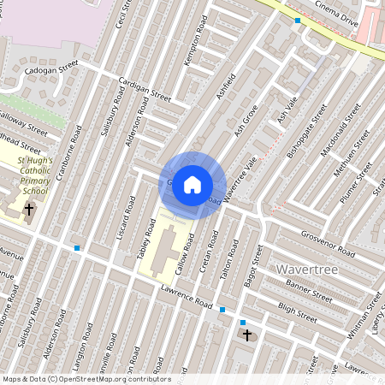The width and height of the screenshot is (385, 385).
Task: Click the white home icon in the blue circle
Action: coord(192,184)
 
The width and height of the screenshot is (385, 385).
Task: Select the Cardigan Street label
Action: coord(145,90)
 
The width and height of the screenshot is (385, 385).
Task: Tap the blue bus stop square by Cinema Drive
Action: coord(298,21)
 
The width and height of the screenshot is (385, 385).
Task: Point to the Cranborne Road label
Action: coord(68,158)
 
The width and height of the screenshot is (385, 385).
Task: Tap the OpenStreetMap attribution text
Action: coord(86,379)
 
